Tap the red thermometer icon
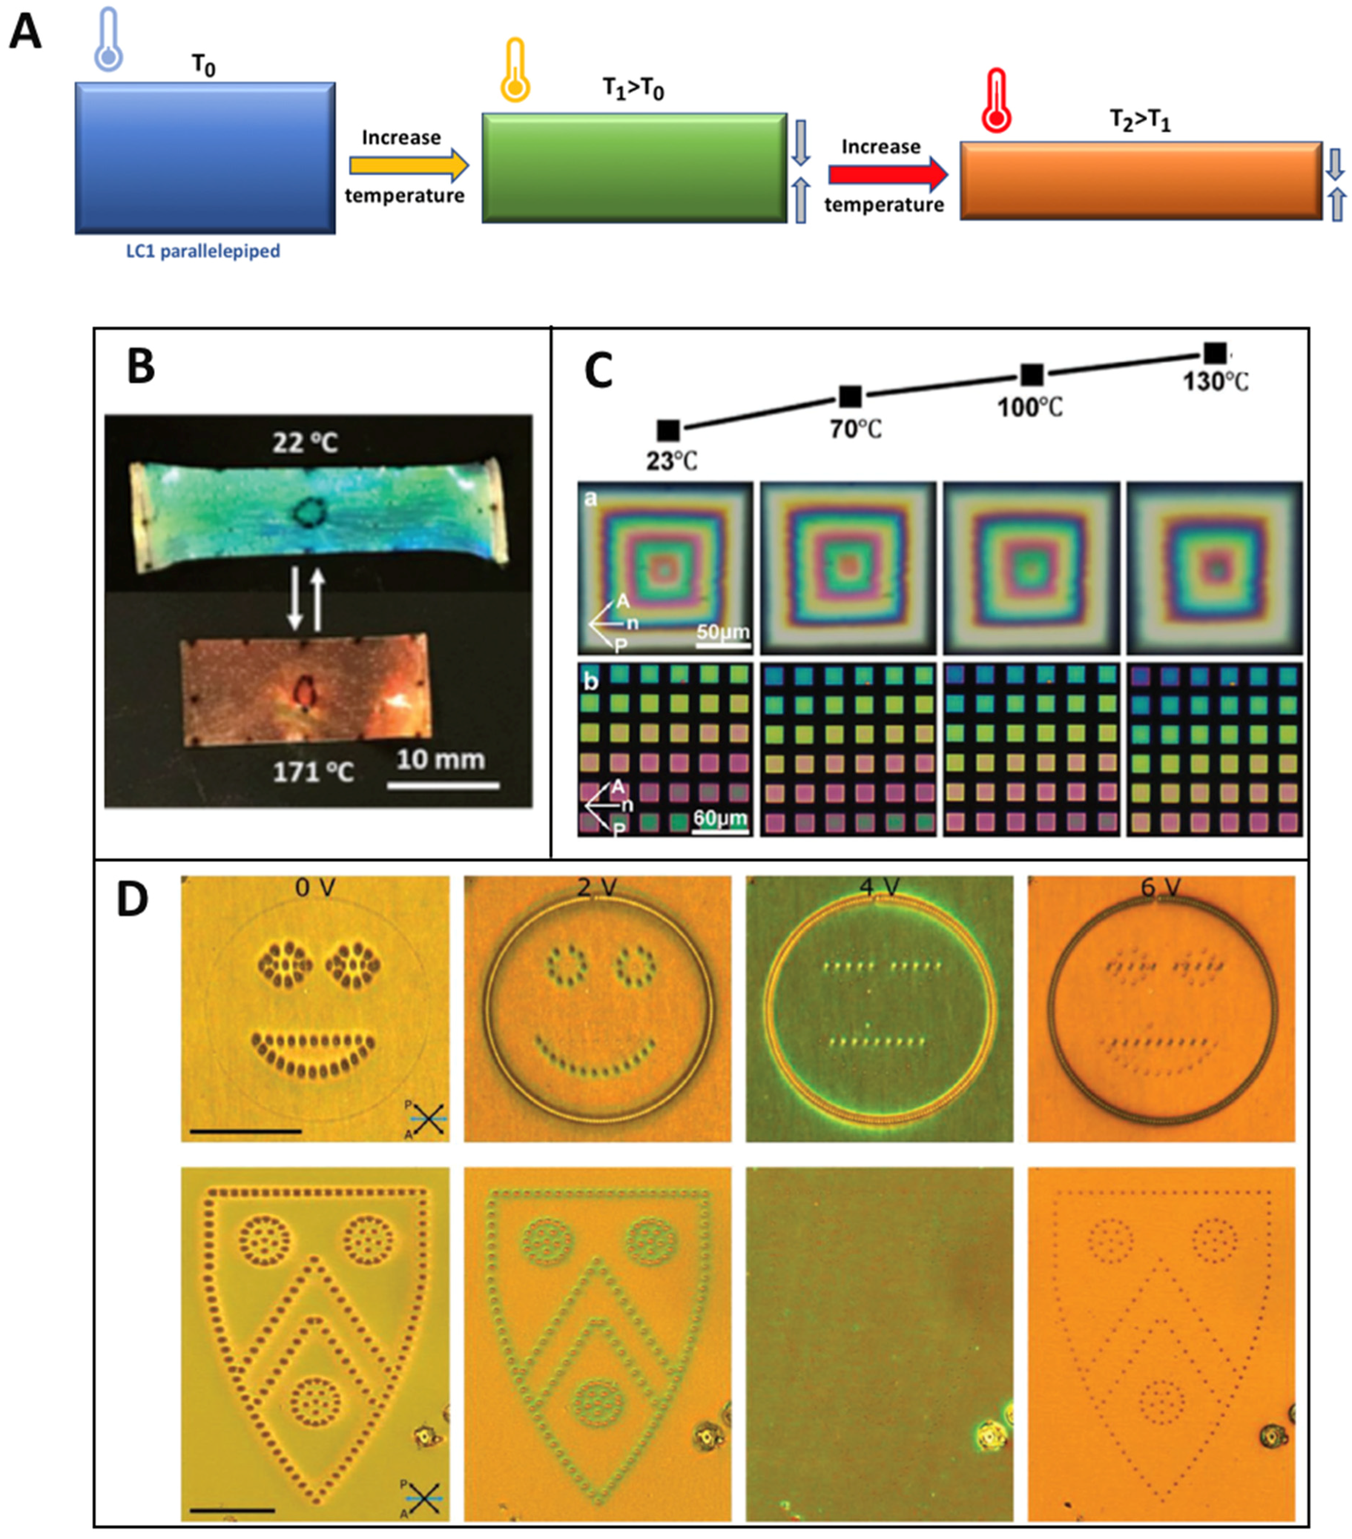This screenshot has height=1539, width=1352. click(x=996, y=101)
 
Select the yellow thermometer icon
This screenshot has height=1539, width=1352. click(x=515, y=70)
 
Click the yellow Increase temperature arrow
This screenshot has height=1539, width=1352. click(x=408, y=165)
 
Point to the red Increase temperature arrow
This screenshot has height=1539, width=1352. click(x=887, y=175)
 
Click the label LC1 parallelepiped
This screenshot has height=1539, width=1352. click(x=202, y=251)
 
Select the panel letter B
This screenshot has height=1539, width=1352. click(x=141, y=367)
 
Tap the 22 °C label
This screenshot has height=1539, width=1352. click(x=305, y=443)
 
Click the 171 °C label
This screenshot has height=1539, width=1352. click(x=312, y=772)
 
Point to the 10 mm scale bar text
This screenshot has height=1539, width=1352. click(x=441, y=760)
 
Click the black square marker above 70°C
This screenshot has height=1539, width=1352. click(x=850, y=397)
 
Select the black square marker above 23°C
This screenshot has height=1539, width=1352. click(x=668, y=431)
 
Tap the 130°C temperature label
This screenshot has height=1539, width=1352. click(x=1215, y=382)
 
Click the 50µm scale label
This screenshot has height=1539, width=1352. click(x=722, y=632)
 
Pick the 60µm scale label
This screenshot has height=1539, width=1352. click(x=720, y=818)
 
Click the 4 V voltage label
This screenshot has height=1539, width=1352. click(x=878, y=887)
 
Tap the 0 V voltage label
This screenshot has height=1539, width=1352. click(x=314, y=887)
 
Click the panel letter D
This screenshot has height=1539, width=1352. click(x=133, y=899)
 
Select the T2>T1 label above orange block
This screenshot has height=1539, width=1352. click(x=1140, y=121)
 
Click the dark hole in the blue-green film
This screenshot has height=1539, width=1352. click(x=308, y=512)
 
